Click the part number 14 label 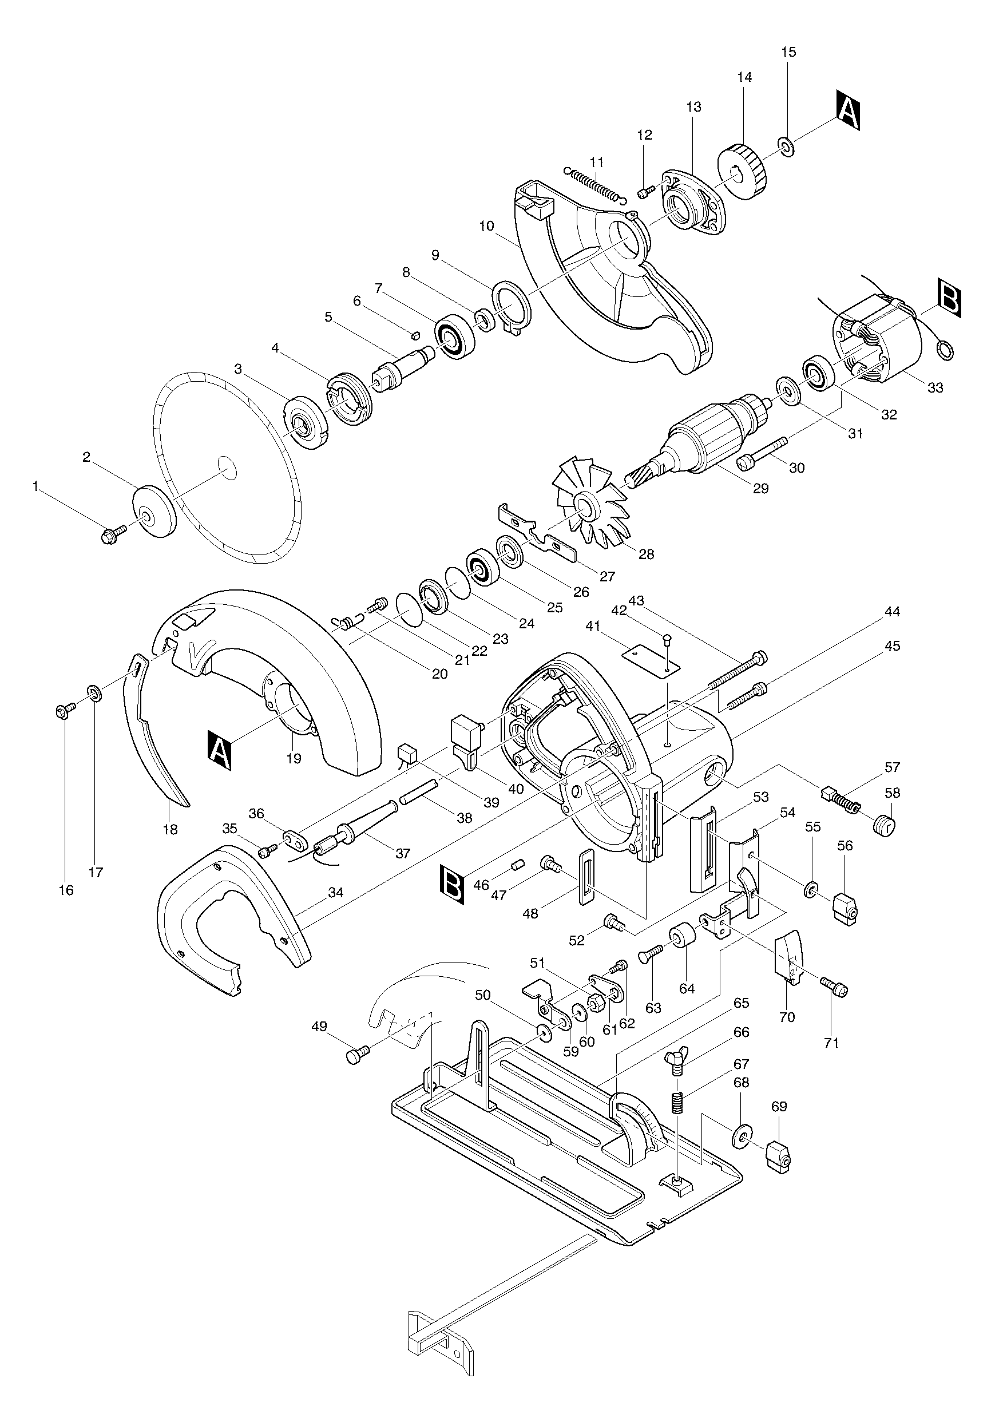pyautogui.click(x=744, y=77)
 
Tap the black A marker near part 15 pyautogui.click(x=849, y=110)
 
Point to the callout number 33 pyautogui.click(x=935, y=388)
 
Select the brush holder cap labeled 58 pyautogui.click(x=885, y=825)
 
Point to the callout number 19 pyautogui.click(x=294, y=758)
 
